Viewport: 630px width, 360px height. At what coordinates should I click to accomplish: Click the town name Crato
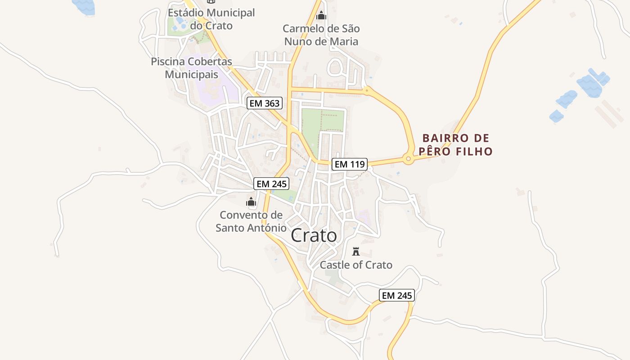click(314, 235)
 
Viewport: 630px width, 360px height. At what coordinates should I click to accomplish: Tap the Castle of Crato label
click(356, 265)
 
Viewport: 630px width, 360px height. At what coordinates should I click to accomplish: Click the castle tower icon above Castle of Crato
click(356, 251)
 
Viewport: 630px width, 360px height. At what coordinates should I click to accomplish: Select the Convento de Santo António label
click(251, 221)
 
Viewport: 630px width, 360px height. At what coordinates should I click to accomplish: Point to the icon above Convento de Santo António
click(251, 202)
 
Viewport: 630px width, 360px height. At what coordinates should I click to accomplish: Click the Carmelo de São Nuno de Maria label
click(321, 35)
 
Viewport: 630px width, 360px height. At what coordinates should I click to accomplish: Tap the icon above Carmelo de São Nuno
click(321, 16)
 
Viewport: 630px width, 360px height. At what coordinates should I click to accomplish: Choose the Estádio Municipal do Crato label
click(211, 19)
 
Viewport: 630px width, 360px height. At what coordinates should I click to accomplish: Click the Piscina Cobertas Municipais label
click(192, 67)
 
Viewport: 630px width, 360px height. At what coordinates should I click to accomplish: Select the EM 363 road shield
click(265, 103)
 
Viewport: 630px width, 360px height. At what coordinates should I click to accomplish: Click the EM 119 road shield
click(350, 164)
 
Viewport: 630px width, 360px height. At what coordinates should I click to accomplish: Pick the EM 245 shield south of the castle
click(396, 295)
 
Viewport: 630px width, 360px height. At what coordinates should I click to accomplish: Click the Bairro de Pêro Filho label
click(455, 144)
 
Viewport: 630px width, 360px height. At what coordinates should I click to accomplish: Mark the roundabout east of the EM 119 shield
click(408, 159)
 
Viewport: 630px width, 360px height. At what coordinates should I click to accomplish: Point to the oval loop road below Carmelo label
click(335, 67)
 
